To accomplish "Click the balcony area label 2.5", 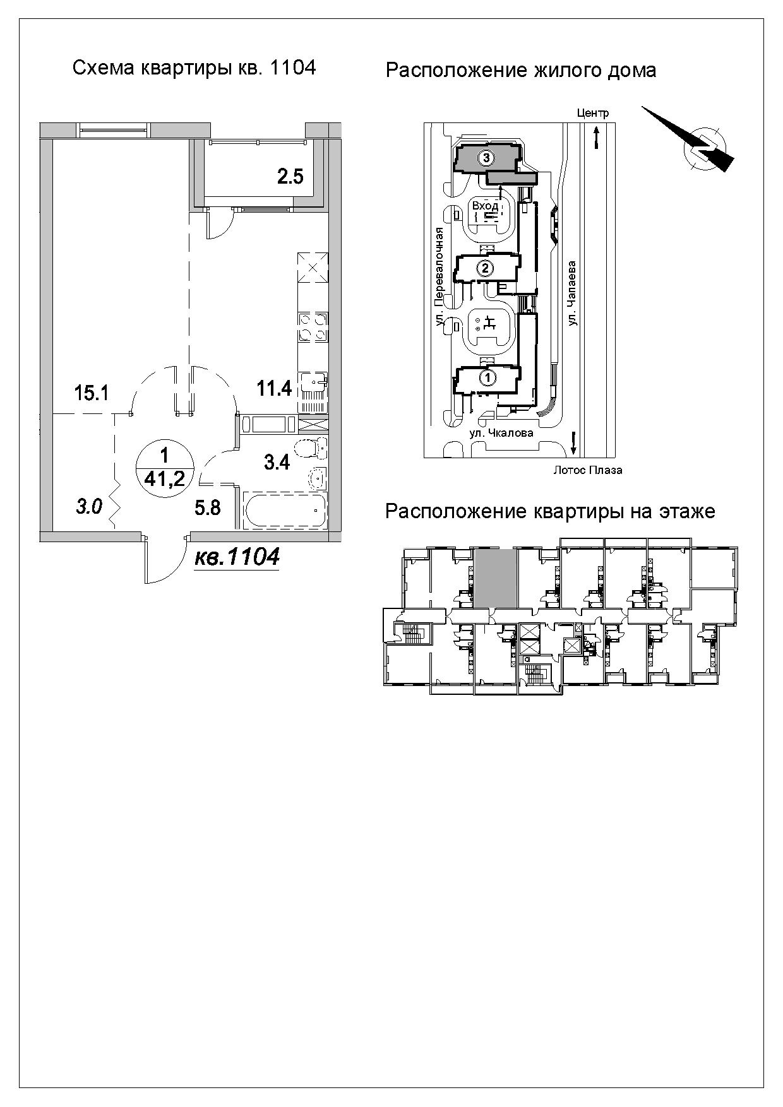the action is (x=290, y=176).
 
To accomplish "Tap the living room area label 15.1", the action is (x=92, y=393).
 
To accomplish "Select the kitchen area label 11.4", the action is (x=274, y=388).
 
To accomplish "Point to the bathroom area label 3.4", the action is (x=277, y=463).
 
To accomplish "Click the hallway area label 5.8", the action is (x=208, y=507).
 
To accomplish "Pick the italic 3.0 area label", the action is (x=89, y=507).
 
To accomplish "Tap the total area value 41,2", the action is (x=165, y=478).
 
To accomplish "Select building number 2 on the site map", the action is (x=485, y=269).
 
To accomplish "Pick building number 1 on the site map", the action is (x=487, y=377).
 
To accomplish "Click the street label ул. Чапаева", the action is (x=573, y=294).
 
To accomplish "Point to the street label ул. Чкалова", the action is (x=501, y=433).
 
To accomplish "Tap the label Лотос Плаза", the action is (x=587, y=470).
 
